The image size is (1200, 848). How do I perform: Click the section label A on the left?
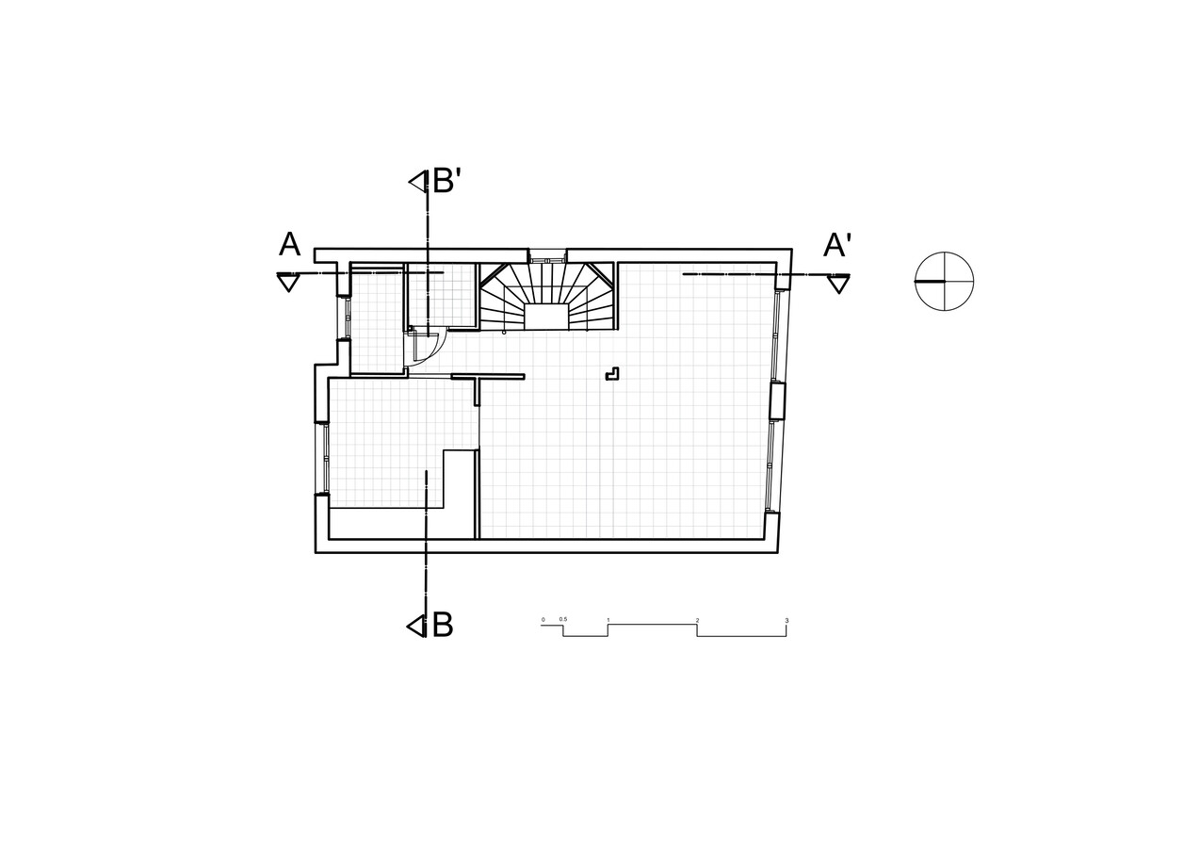pos(290,244)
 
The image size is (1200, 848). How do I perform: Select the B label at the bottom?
pos(443,625)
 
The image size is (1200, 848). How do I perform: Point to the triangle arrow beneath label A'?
pos(838,285)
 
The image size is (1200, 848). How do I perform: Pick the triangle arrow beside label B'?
pos(418,182)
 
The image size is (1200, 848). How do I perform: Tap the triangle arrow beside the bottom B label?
pos(415,626)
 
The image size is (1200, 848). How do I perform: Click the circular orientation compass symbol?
pos(944,281)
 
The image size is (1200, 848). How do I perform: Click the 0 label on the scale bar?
pos(543,620)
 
